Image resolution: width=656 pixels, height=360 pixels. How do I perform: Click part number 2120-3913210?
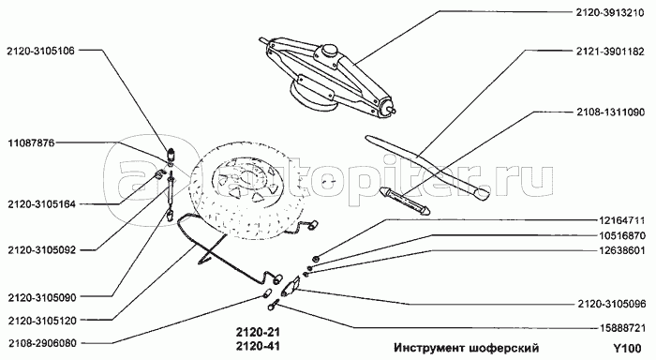pos(610,12)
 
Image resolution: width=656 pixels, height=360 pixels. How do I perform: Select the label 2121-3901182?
pos(610,52)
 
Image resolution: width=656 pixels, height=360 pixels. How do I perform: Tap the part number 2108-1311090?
pos(610,112)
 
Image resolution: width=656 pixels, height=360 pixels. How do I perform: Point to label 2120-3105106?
pos(40,51)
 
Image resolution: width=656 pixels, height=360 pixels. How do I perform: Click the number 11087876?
pos(31,142)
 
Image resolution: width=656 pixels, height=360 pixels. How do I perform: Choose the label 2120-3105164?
pos(42,204)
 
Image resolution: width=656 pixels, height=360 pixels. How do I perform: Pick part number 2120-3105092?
pos(42,250)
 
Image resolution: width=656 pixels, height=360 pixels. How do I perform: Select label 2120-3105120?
pos(42,321)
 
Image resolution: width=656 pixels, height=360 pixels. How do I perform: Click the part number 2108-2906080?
pos(42,343)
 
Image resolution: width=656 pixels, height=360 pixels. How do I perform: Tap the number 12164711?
pos(620,219)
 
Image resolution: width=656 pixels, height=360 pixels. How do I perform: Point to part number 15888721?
pos(620,328)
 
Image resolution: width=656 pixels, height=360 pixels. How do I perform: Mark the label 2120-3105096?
pos(612,305)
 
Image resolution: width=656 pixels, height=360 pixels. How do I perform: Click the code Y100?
pos(627,348)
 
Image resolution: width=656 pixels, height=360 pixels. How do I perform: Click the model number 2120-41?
pos(258,346)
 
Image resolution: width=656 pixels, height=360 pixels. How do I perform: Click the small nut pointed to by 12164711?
pos(317,259)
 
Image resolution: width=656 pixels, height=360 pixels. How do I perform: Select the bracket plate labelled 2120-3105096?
pos(291,286)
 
